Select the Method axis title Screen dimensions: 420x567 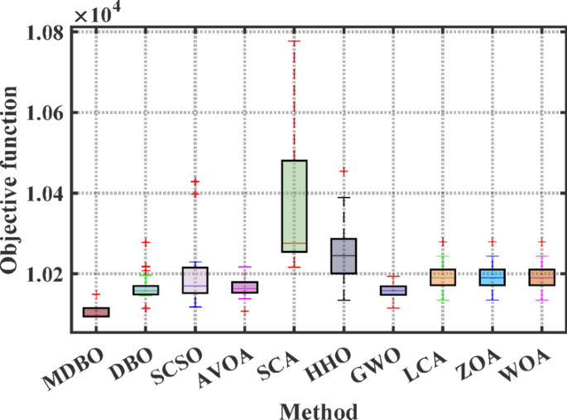coord(319,409)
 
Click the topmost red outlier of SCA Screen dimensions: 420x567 coord(294,41)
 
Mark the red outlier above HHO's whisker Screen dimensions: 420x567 coord(344,171)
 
